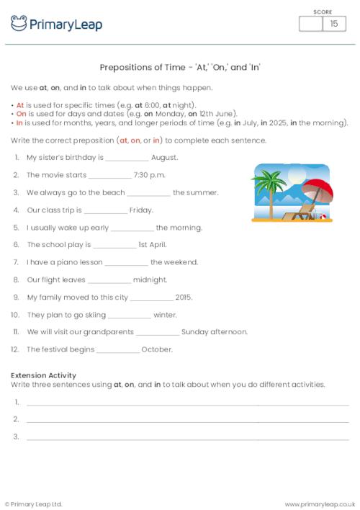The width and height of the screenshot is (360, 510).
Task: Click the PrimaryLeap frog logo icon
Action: point(19,24)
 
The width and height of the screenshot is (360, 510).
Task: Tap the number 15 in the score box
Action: point(333,24)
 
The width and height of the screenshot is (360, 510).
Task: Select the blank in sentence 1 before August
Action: point(127,158)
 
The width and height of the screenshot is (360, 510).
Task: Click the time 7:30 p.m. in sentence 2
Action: point(150,175)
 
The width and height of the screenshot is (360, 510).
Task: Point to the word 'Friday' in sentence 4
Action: point(141,210)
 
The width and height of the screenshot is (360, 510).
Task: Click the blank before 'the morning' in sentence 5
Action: point(133,228)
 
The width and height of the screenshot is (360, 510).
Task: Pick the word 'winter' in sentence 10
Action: point(165,315)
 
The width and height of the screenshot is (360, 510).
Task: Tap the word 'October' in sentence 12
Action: point(157,349)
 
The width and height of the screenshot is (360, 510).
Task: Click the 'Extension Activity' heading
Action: point(44,375)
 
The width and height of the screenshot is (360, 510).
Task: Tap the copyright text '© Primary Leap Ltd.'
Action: point(34,504)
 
